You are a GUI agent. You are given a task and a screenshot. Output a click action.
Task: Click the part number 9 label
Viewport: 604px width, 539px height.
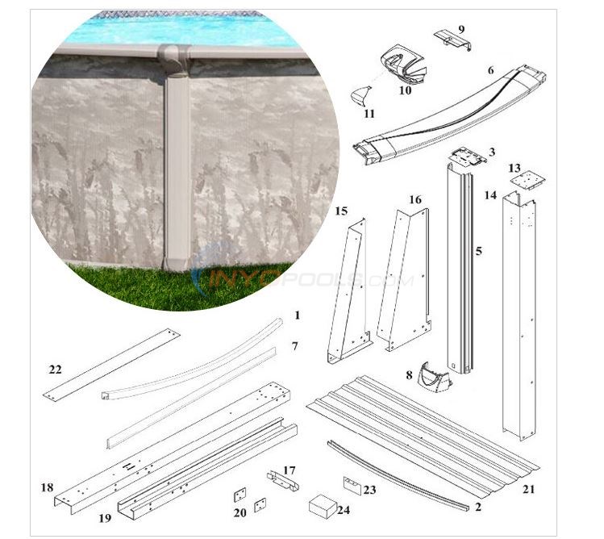(461, 29)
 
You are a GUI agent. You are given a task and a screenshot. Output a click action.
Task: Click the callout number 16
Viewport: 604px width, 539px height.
(414, 199)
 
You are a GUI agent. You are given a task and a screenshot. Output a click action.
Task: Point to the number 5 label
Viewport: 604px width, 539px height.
(478, 252)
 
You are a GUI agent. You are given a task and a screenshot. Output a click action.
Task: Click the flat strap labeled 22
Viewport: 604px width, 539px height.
(111, 364)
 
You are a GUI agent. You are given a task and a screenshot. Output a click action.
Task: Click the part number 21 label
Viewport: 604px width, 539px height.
(527, 488)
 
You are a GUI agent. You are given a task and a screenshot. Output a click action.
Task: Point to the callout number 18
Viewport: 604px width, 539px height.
(47, 487)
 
